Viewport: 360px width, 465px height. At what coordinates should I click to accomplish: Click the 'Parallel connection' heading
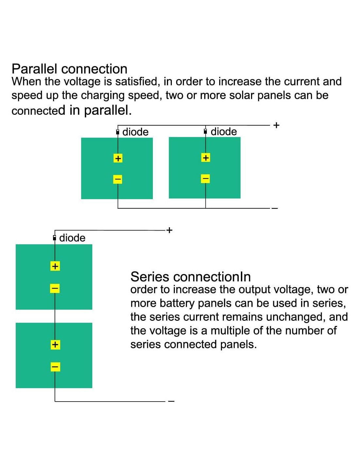pos(69,69)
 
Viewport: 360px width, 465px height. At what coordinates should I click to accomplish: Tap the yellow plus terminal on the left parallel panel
pos(118,158)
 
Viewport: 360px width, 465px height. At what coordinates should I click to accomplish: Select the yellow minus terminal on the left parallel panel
pos(118,179)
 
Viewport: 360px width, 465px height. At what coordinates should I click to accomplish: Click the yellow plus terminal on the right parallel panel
pos(206,158)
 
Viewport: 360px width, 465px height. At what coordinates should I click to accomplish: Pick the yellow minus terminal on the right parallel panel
pos(206,179)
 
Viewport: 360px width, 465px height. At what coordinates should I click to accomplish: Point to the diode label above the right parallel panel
pos(224,131)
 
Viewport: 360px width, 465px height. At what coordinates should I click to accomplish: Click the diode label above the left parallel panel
pos(135,132)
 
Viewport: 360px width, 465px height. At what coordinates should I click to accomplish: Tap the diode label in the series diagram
pos(72,238)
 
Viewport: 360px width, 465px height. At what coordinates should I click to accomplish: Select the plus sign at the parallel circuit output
pos(276,125)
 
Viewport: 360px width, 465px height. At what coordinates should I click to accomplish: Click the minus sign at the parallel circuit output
pos(275,208)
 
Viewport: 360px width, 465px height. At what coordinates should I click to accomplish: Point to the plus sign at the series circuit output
pos(169,230)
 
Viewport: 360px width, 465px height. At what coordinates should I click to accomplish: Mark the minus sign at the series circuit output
pos(171,401)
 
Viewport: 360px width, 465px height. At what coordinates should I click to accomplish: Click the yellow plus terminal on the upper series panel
pos(55,266)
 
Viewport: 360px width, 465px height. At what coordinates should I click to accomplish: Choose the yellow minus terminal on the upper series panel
pos(55,288)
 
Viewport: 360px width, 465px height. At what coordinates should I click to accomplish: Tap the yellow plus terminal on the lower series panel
pos(55,345)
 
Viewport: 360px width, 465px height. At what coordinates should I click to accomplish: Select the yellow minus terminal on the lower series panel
pos(55,367)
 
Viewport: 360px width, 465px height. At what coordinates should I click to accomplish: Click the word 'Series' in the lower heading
pos(150,277)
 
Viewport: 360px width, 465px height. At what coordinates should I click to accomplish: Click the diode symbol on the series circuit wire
pos(54,238)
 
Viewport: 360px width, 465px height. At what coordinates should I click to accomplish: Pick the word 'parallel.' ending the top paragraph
pos(108,111)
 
